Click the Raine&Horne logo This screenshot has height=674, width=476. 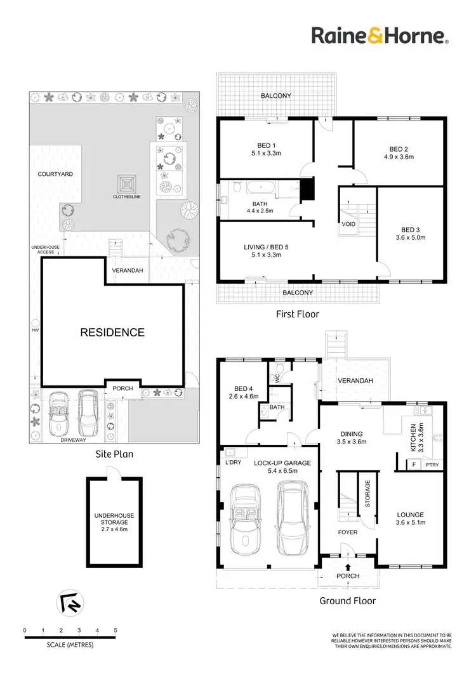pos(380,36)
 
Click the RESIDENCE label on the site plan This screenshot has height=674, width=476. pos(112,332)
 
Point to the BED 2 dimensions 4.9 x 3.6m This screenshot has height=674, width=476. pos(397,156)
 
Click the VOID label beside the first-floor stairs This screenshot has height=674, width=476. pos(348,224)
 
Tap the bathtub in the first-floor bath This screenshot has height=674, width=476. pos(260,187)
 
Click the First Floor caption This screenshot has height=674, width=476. pos(297,314)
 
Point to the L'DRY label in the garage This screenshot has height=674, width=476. pos(234,463)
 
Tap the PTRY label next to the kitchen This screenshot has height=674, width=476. pos(432,465)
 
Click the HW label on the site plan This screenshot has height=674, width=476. pos(36,330)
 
